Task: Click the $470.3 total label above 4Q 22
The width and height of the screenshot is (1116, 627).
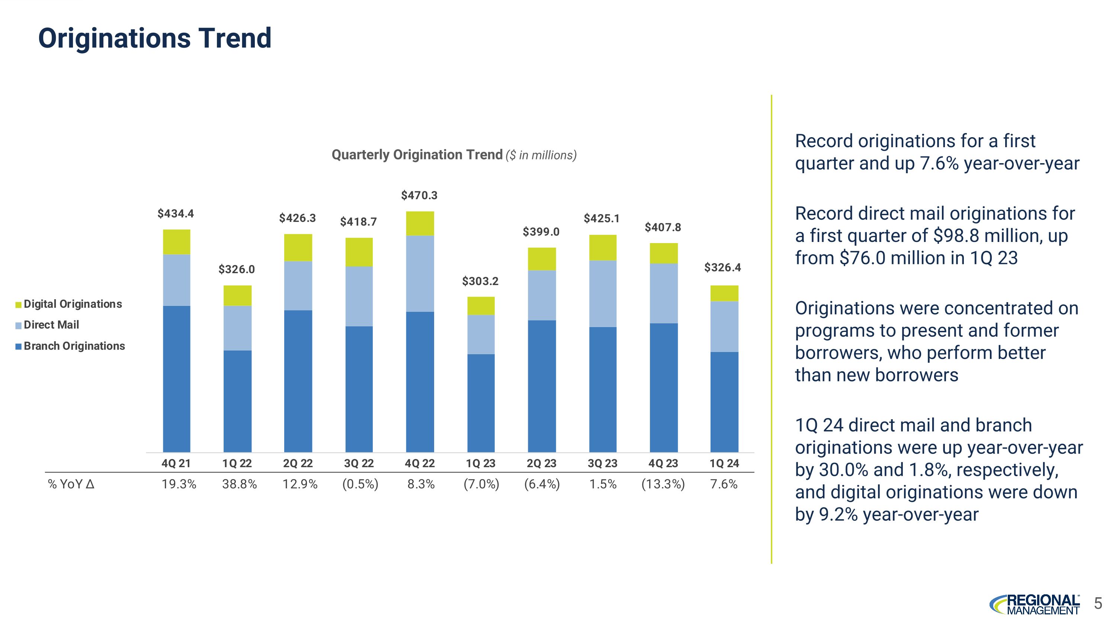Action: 419,195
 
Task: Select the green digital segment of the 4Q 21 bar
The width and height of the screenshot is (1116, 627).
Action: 176,242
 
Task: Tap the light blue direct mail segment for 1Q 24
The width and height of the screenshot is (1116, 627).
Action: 724,326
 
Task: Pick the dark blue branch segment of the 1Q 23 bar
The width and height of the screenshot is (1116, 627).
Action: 481,403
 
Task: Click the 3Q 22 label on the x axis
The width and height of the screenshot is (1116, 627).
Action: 359,463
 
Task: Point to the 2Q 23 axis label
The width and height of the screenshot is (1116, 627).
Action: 541,463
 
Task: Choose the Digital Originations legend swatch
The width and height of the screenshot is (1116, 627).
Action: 19,305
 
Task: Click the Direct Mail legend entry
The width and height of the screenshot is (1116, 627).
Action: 51,325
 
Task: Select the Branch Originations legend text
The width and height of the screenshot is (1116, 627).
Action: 74,346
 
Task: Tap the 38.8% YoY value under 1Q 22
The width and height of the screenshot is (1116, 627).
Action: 239,484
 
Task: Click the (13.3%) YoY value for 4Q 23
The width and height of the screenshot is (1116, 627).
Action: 663,484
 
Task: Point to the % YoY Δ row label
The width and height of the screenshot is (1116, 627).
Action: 71,484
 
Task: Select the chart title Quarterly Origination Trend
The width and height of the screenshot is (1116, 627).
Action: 417,155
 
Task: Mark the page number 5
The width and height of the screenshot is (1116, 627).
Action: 1098,603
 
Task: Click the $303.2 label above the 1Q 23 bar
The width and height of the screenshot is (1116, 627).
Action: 480,282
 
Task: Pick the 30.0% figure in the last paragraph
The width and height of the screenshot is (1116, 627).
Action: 844,470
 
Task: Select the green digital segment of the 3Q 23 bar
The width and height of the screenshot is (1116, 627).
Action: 602,248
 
